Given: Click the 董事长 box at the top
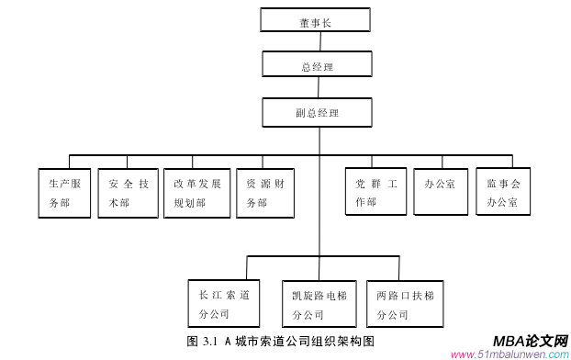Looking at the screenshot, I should pos(315,21).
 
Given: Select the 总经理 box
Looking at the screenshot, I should pos(317,65).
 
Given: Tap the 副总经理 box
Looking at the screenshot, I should pos(317,112).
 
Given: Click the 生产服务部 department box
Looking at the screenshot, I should pos(66,192).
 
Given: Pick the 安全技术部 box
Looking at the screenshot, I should pos(128,192).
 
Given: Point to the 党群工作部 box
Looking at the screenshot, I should pos(375,191).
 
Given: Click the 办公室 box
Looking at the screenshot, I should pos(441,191).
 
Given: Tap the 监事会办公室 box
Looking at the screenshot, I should pos(503,191).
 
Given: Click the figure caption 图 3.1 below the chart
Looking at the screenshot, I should pos(281,342).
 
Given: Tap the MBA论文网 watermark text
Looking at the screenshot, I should pos(531,341).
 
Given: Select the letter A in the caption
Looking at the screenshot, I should pos(227,342).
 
